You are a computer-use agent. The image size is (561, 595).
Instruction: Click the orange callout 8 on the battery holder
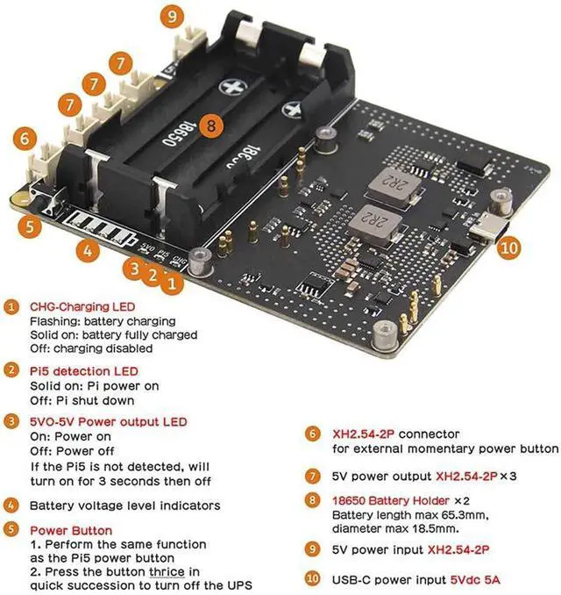[x=209, y=125]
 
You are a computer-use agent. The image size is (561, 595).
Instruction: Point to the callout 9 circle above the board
[x=172, y=16]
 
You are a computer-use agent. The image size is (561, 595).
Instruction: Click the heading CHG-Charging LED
[x=82, y=307]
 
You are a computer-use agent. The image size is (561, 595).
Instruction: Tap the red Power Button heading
[x=70, y=531]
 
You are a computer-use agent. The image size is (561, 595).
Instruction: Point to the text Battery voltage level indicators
[x=124, y=505]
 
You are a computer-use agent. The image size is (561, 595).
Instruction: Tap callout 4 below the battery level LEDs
[x=85, y=251]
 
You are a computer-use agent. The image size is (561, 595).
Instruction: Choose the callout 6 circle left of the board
[x=25, y=138]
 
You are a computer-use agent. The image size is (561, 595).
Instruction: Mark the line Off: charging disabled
[x=88, y=348]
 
